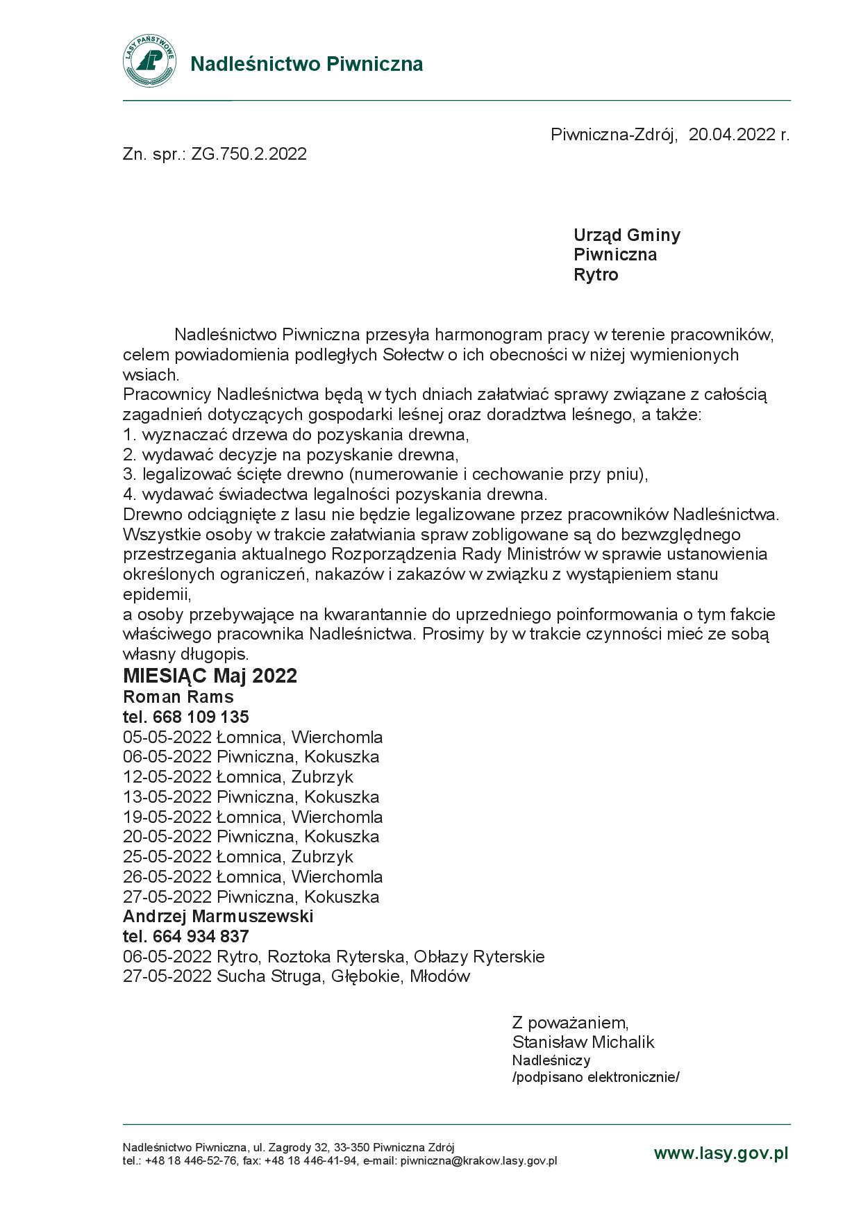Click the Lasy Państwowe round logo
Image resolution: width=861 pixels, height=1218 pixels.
point(149,61)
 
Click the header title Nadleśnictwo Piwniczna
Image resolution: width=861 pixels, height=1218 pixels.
point(306,64)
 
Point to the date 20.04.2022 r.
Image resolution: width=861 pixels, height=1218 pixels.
point(739,135)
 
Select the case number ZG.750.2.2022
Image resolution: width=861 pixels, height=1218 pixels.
point(249,154)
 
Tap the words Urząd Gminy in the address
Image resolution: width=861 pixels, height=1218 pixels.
point(626,235)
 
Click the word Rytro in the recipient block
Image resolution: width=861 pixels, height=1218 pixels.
point(595,275)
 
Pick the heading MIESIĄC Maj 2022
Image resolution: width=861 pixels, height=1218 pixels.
point(210,676)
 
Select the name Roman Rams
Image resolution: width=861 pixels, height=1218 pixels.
point(178,696)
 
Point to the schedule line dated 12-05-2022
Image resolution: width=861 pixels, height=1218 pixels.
point(238,776)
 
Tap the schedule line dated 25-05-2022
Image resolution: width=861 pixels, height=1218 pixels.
point(238,856)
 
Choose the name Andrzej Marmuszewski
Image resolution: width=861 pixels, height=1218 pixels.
point(218,916)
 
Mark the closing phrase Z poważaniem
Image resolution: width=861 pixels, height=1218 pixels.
point(570,1022)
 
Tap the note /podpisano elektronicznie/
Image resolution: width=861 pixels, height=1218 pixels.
point(596,1077)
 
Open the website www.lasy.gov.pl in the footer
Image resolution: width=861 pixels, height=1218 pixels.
point(721,1153)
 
